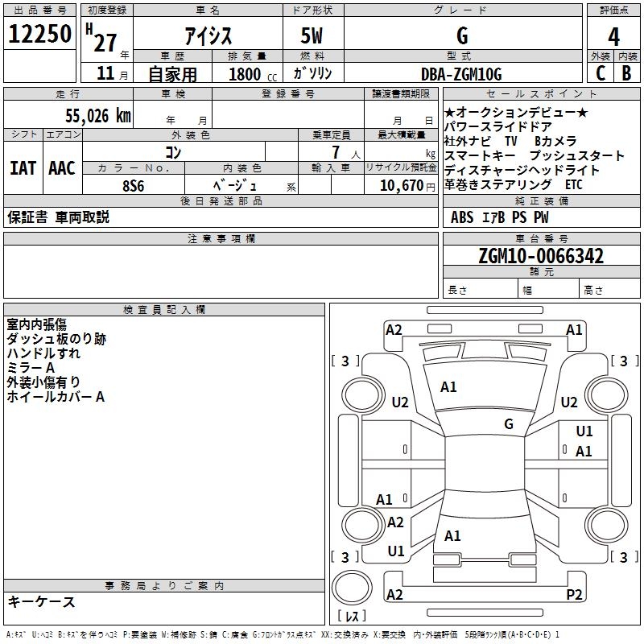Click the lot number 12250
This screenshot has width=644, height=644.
39,34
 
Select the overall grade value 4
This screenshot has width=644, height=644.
613,37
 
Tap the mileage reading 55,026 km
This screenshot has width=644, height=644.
98,116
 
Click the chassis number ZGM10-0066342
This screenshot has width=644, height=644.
541,256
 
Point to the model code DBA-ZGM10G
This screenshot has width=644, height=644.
461,74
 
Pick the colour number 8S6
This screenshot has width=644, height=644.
134,186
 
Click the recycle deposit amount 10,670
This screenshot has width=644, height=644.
401,186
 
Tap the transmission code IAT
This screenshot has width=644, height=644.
23,168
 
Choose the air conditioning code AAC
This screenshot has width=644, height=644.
62,168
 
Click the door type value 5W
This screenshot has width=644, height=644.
312,35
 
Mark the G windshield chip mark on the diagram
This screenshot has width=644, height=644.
509,423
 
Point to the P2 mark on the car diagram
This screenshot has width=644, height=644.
574,594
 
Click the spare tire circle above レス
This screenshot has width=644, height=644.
352,588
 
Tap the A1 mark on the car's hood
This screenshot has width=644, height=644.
448,387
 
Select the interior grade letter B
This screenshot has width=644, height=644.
626,73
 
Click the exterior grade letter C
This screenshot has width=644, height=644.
601,73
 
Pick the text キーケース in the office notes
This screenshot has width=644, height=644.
42,602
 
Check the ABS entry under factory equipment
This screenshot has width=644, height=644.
462,217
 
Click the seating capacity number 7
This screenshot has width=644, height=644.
336,152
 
